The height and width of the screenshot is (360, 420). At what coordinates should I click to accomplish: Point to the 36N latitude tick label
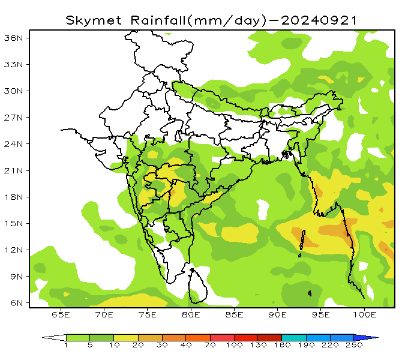pyautogui.click(x=13, y=37)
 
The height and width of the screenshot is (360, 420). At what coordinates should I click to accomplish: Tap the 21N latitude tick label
pyautogui.click(x=13, y=170)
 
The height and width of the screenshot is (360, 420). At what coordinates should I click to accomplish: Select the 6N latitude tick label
pyautogui.click(x=16, y=303)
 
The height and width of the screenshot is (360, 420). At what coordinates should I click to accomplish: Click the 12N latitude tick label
pyautogui.click(x=13, y=250)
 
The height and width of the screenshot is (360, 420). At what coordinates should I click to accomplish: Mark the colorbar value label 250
pyautogui.click(x=354, y=346)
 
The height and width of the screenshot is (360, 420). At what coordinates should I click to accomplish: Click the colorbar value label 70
pyautogui.click(x=210, y=346)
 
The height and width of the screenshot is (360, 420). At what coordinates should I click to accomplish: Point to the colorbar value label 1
pyautogui.click(x=66, y=346)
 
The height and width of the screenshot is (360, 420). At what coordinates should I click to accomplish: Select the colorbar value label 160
pyautogui.click(x=282, y=346)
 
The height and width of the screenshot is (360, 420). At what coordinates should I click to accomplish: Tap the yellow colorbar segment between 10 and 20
pyautogui.click(x=126, y=338)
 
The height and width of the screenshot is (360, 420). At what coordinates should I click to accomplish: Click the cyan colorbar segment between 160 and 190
pyautogui.click(x=294, y=338)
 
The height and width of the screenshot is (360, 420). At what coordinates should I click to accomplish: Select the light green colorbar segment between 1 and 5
pyautogui.click(x=78, y=338)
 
